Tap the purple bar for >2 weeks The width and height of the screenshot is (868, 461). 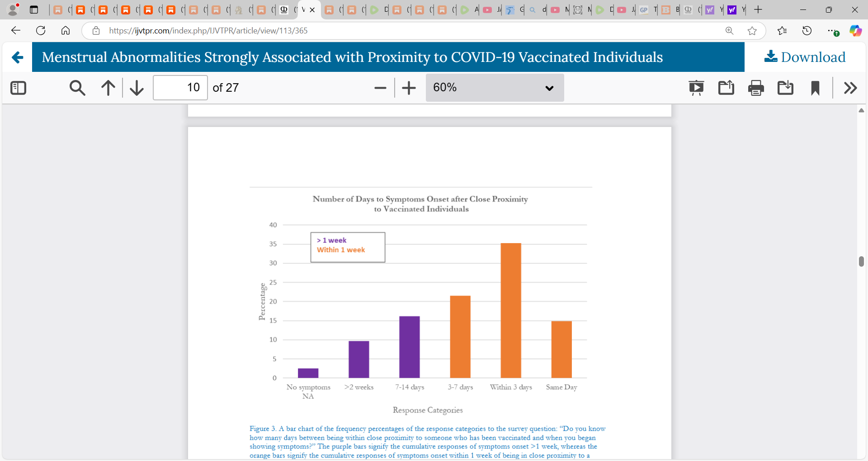point(359,359)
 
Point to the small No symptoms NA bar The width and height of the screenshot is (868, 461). point(308,373)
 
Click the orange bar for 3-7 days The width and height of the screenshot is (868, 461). point(460,337)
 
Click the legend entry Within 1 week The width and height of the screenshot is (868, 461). point(341,250)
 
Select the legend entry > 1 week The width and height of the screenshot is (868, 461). point(332,240)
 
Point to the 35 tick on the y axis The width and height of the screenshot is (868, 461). point(273,244)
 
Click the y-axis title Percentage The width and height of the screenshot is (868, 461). point(262,301)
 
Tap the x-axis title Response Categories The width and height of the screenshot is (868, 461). point(428,410)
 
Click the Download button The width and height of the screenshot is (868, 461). point(805,57)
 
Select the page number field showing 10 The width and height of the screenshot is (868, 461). point(180,88)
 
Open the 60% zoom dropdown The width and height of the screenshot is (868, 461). point(495,88)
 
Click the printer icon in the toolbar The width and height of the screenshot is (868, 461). point(756,88)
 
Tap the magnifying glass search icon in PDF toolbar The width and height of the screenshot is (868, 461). point(77,88)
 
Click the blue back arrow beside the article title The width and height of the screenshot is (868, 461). point(17,57)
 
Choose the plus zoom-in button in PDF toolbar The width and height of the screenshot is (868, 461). point(409,88)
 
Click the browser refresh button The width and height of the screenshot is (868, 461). point(41,31)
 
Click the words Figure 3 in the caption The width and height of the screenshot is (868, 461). point(262,428)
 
